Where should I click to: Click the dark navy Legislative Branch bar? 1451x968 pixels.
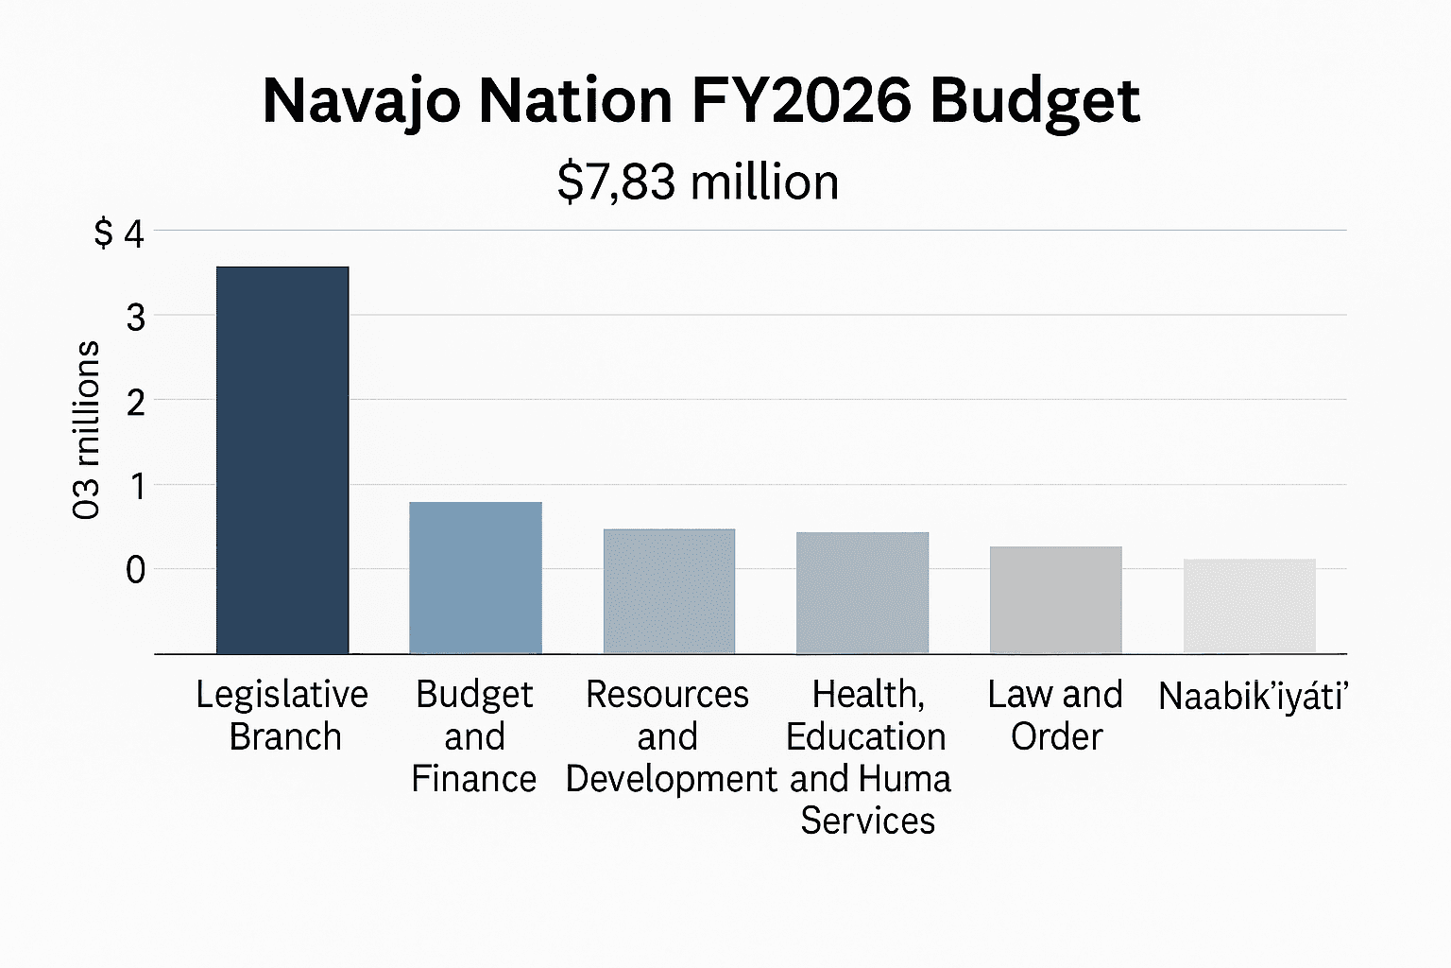282,459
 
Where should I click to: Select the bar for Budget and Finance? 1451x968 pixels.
475,578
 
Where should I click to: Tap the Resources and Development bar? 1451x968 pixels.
669,591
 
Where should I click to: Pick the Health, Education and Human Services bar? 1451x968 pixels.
862,593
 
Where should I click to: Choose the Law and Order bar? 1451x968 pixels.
1055,599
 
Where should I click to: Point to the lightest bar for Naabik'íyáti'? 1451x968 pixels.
1249,606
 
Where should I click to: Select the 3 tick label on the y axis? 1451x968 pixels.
136,318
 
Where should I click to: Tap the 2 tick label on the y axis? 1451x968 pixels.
136,403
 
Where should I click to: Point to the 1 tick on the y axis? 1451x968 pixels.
137,487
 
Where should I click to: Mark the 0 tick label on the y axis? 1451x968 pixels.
136,570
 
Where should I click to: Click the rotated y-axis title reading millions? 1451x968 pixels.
86,430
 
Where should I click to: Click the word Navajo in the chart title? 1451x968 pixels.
362,100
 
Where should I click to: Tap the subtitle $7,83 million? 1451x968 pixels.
698,181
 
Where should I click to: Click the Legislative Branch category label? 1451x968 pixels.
282,716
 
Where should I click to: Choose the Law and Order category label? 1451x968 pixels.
1055,716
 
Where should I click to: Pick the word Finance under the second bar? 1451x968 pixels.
474,779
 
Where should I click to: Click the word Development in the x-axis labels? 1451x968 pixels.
671,779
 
